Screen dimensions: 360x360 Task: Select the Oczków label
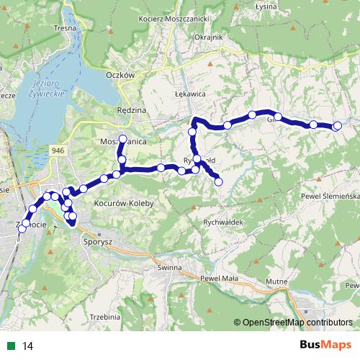(120, 74)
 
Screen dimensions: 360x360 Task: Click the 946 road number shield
(58, 149)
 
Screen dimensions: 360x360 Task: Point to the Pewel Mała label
(219, 277)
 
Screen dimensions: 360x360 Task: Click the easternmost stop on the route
(337, 127)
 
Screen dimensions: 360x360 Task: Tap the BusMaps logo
(325, 346)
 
